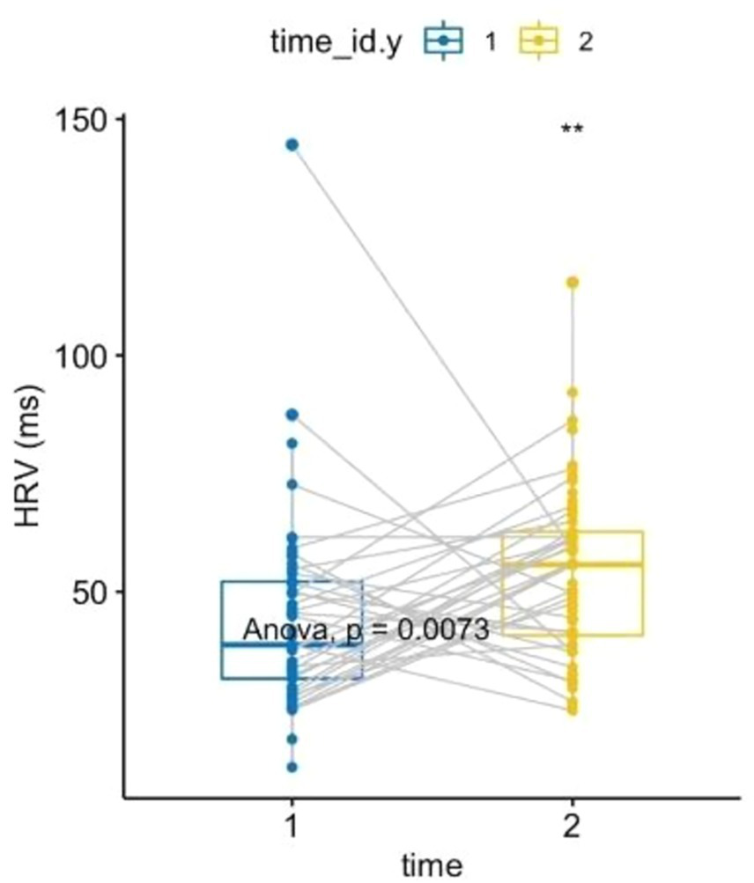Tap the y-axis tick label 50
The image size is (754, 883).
pyautogui.click(x=91, y=591)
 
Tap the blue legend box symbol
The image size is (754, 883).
pyautogui.click(x=445, y=40)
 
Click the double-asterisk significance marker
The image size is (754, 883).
pyautogui.click(x=572, y=130)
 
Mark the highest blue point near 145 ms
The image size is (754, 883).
pyautogui.click(x=292, y=144)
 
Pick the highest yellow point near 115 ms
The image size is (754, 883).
pyautogui.click(x=573, y=282)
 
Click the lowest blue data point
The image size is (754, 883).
pyautogui.click(x=292, y=767)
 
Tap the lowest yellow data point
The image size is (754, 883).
pyautogui.click(x=573, y=710)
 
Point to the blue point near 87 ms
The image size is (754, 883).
pyautogui.click(x=292, y=414)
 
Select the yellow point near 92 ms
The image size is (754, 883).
pyautogui.click(x=573, y=392)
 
